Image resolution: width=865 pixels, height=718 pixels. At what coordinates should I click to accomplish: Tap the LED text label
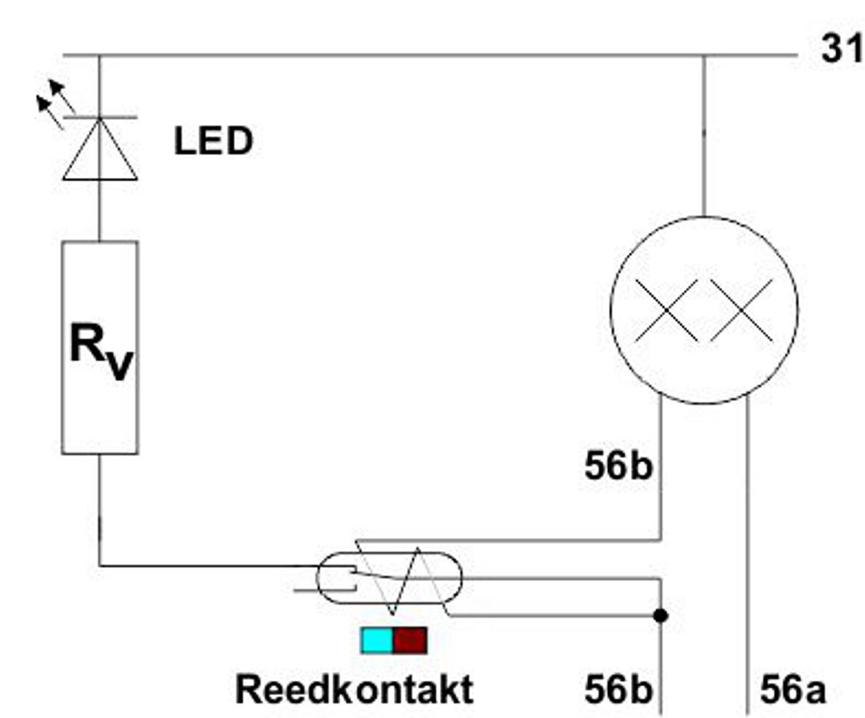point(213,142)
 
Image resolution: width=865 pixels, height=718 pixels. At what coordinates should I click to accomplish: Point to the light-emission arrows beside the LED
point(56,98)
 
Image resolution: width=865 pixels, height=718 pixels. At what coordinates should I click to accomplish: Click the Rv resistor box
point(100,347)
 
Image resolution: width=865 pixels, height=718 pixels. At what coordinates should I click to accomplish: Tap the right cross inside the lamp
point(741,310)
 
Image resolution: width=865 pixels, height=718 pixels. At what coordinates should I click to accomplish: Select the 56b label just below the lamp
point(618,467)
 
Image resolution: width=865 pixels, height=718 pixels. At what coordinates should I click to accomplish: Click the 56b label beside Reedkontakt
point(618,690)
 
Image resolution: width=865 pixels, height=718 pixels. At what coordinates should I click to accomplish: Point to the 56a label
point(793,690)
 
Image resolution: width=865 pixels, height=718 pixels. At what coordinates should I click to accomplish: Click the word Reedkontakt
point(354,689)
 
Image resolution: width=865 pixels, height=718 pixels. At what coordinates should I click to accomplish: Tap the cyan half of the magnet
point(377,640)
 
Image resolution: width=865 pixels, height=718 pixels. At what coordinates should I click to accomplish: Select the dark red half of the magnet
point(410,640)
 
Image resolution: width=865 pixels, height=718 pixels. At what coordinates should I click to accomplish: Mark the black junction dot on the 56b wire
point(661,615)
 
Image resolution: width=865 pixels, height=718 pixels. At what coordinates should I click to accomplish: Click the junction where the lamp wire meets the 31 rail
point(704,55)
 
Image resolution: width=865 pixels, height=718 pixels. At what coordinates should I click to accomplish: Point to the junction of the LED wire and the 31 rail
point(100,55)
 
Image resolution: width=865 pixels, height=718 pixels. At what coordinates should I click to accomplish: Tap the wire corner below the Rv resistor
point(100,565)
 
